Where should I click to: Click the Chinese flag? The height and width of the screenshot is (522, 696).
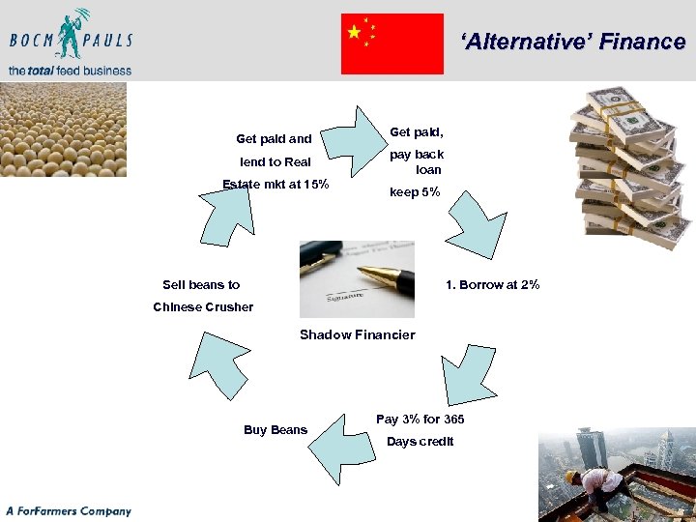point(392,43)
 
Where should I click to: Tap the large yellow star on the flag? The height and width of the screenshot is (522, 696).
point(355,32)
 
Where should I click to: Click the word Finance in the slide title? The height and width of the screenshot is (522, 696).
point(641,42)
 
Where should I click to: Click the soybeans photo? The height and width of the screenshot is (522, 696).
point(63,129)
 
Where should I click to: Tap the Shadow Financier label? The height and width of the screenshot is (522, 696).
point(357,334)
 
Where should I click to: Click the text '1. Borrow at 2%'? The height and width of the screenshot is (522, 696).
point(492,284)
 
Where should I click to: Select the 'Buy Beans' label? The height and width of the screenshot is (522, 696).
point(275,429)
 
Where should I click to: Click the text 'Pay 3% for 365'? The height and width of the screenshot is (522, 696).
point(420,419)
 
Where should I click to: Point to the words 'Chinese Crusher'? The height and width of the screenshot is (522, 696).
point(203,306)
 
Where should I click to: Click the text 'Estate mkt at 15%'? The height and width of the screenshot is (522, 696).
point(275,185)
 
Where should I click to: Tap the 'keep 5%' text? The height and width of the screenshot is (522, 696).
point(415,192)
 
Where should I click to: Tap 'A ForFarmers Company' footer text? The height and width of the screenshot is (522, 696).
point(68,510)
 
